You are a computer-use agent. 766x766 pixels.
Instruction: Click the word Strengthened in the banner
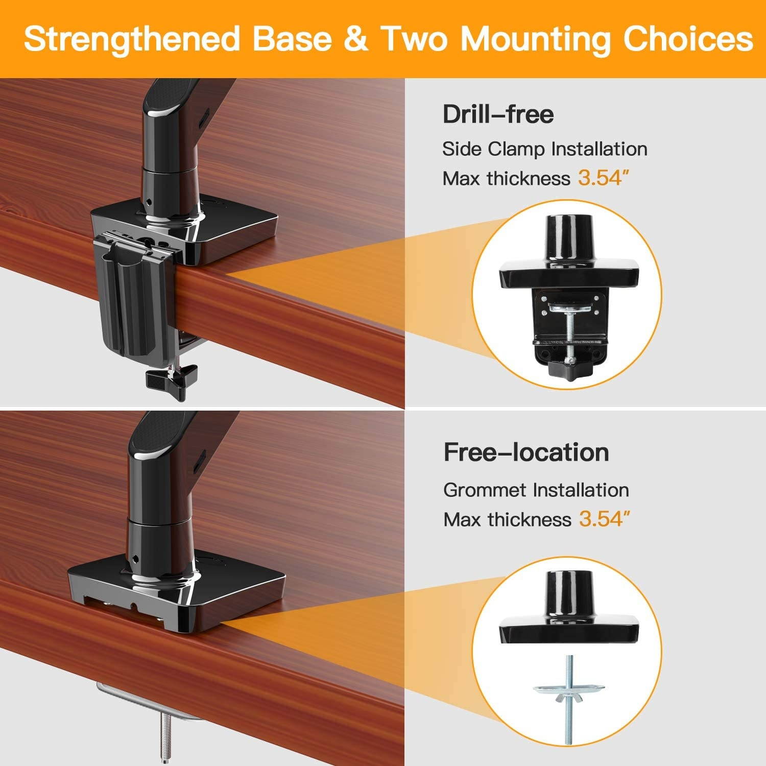132,39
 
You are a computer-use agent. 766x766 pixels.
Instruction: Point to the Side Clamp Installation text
544,149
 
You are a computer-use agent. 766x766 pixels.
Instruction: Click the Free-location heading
526,452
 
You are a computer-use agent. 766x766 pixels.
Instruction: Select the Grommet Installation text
536,490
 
